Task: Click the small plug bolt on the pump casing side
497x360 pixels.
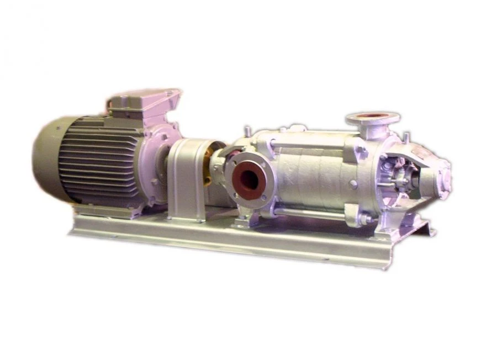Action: (x=352, y=182)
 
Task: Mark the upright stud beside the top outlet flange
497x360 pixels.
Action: (x=406, y=135)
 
